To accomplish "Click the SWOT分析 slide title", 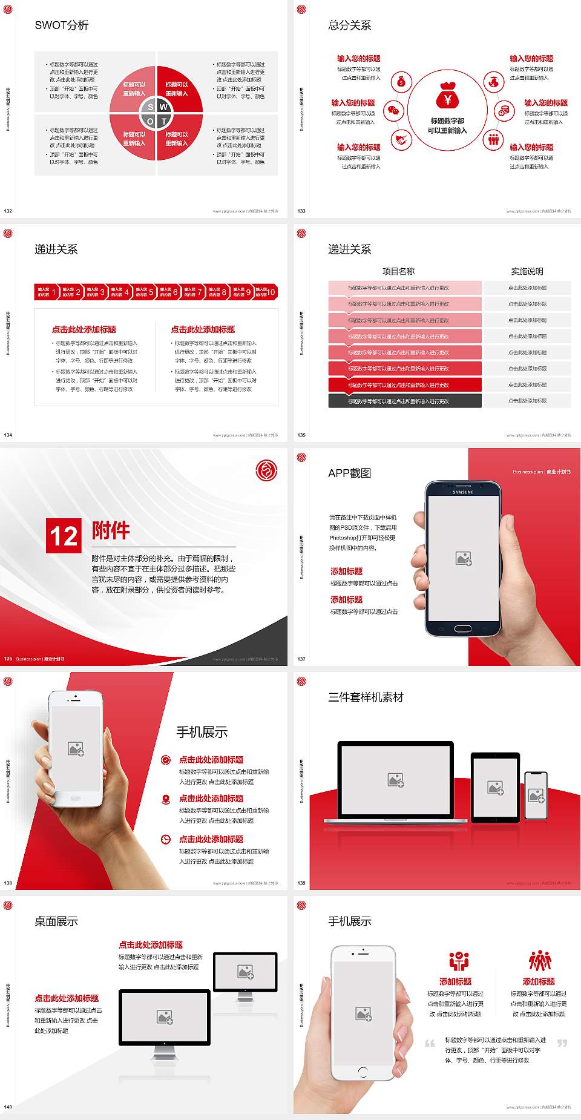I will (x=62, y=25).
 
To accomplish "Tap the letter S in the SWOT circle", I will (x=151, y=107).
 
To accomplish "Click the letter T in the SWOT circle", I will (x=164, y=122).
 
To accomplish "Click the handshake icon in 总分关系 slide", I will (x=401, y=140).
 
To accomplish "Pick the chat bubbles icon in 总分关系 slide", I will (x=394, y=111).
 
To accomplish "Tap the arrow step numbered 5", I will (x=144, y=292).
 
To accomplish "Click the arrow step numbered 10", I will (x=266, y=292).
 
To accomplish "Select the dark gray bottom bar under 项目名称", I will (x=405, y=401).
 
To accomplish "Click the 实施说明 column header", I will (x=527, y=271).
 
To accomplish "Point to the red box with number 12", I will (x=64, y=536).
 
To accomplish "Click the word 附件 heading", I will (x=111, y=530).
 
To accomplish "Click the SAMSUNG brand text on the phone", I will (x=463, y=492).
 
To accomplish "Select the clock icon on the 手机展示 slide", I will (x=166, y=839).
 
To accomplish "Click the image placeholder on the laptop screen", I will (x=396, y=780).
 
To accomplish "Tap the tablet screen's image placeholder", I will (x=496, y=788).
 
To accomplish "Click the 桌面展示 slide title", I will (x=56, y=921).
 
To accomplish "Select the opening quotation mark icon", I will (x=430, y=1043).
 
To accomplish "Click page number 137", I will (x=301, y=659).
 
